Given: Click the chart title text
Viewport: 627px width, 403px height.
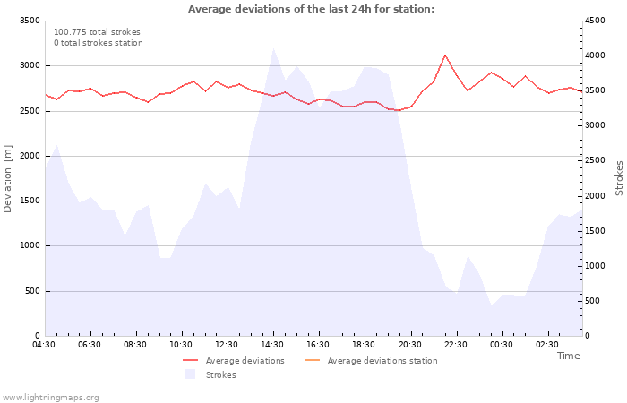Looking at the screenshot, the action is tap(311, 9).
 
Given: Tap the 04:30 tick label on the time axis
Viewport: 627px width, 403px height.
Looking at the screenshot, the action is tap(44, 345).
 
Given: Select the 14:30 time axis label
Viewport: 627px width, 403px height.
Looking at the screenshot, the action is tap(272, 345).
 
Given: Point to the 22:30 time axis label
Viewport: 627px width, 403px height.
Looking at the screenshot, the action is tap(455, 345).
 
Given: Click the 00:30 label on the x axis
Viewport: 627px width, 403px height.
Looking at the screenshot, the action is tap(501, 345).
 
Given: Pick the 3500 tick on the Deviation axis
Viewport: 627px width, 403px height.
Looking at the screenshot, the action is tap(30, 21).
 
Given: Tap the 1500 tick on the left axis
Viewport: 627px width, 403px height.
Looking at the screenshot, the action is tap(30, 201).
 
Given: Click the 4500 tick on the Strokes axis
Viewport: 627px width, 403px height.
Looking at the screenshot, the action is tap(595, 21).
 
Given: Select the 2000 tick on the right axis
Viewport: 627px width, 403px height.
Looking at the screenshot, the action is tap(595, 196).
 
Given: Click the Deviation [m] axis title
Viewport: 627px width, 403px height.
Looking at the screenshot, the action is tap(7, 179).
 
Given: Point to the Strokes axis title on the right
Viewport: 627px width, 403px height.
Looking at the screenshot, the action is tap(619, 178).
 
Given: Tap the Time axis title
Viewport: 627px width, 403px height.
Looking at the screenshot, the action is tap(568, 356).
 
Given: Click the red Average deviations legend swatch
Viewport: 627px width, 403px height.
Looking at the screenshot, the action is tap(190, 360).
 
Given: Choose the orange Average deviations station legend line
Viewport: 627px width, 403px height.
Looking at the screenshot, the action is tap(313, 360).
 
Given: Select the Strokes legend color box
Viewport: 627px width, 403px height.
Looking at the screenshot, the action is tap(190, 374).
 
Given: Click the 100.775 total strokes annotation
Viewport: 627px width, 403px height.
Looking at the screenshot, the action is tap(97, 32).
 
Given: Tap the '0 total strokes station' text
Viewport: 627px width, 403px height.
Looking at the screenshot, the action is tap(99, 43).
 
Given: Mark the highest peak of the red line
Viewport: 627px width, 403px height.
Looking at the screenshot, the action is tap(445, 55).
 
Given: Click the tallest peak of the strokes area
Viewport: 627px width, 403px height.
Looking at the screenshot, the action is tap(273, 48).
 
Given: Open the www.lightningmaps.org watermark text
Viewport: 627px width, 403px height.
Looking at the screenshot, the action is tap(50, 398).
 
